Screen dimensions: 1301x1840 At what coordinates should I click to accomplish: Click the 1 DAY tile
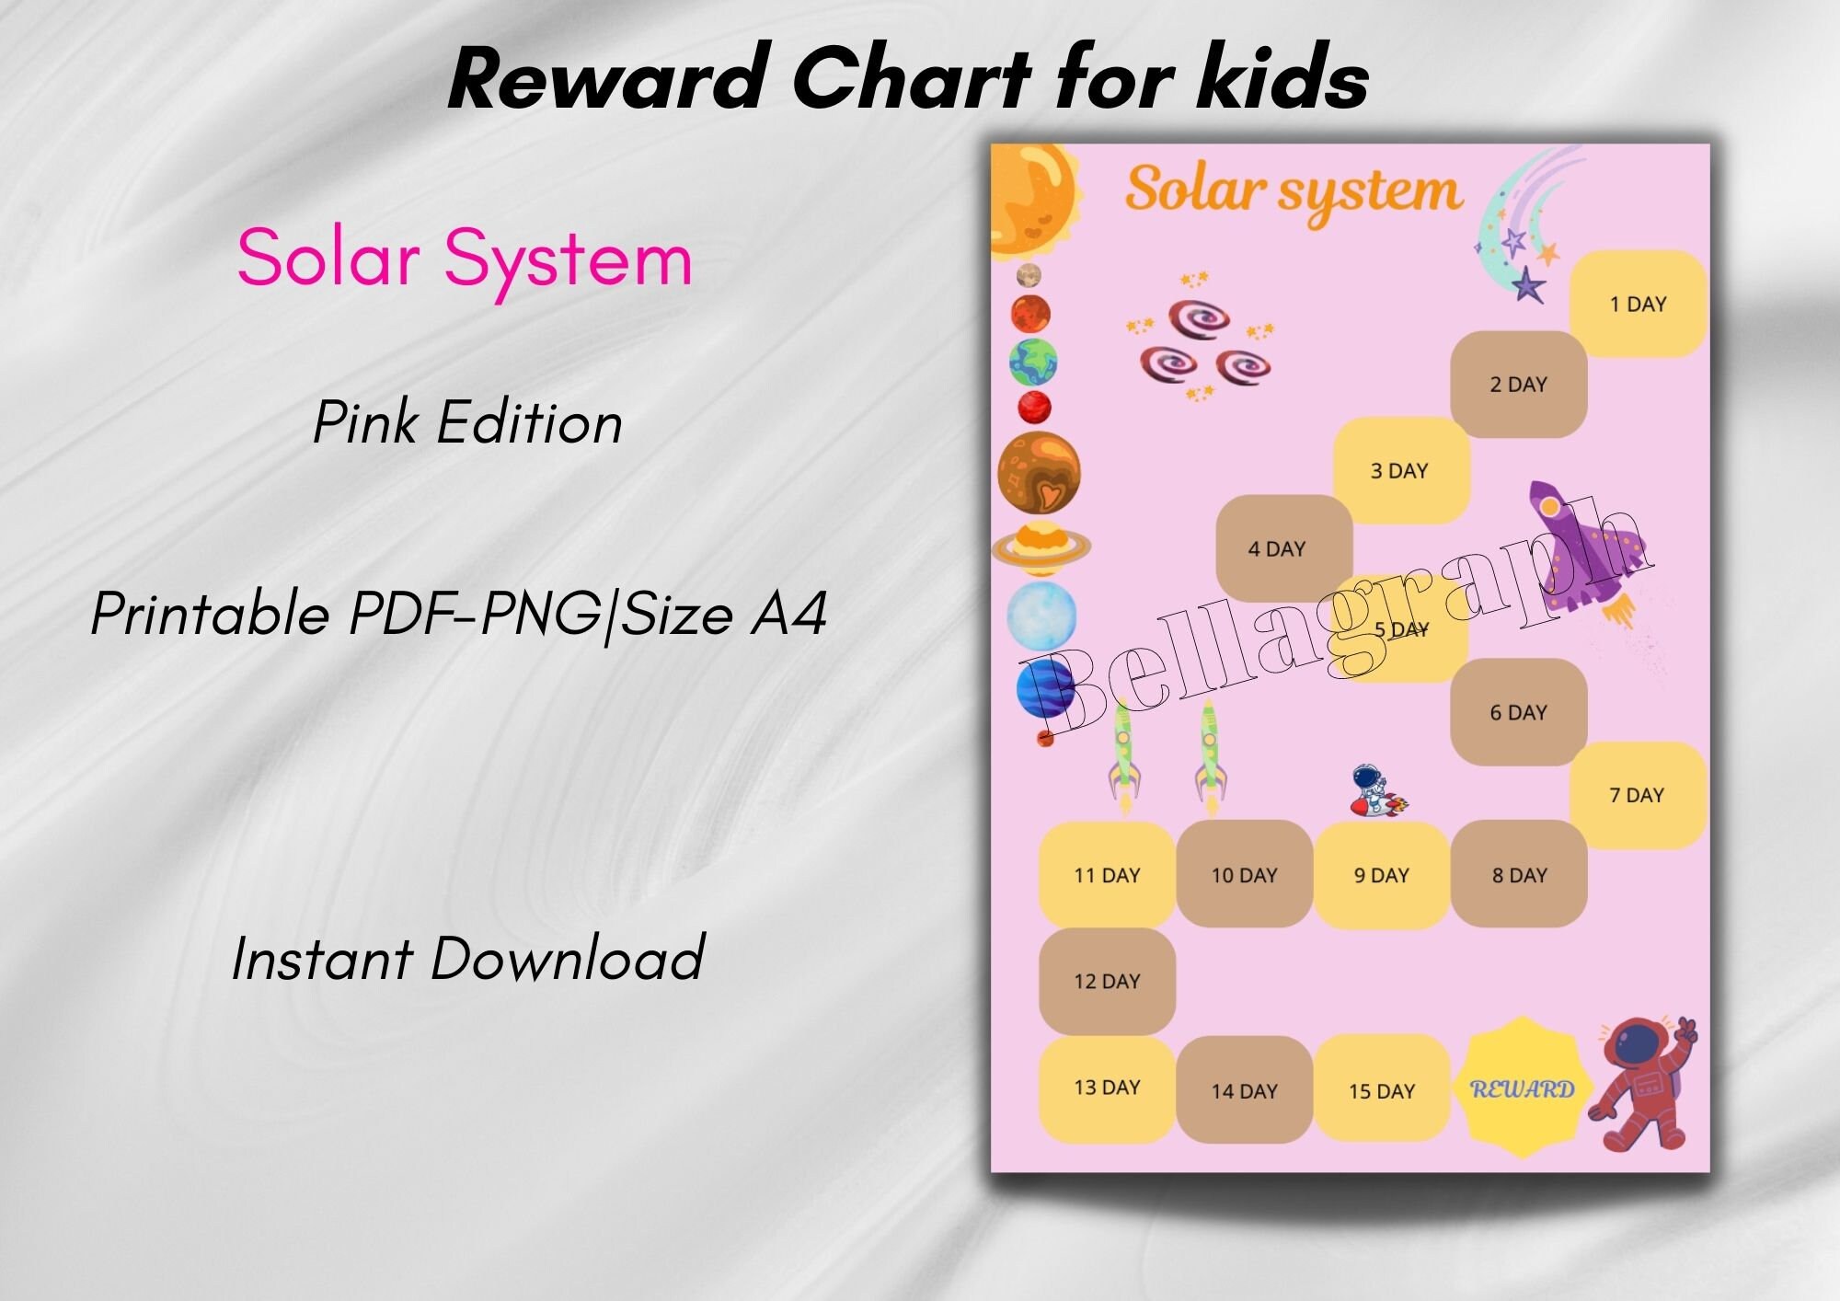click(1638, 304)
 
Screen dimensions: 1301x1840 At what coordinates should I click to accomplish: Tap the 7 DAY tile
click(1637, 795)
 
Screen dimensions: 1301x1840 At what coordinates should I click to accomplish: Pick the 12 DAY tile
click(1107, 981)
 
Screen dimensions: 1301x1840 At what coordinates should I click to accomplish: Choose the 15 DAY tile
click(1381, 1090)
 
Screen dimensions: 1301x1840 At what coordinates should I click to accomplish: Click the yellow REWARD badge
click(1523, 1088)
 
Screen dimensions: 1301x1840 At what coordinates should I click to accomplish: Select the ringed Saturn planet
click(1041, 547)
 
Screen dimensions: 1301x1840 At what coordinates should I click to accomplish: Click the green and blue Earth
click(1032, 363)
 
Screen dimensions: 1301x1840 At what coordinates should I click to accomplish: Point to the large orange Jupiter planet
click(1039, 472)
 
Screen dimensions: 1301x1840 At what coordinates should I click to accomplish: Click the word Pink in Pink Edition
click(367, 423)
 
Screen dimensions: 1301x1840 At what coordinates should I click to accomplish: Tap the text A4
click(788, 614)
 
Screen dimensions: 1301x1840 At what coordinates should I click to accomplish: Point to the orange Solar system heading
click(1294, 191)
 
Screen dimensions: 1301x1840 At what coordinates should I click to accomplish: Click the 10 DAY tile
click(1244, 874)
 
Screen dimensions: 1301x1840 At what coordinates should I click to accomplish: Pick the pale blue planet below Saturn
click(1041, 615)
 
